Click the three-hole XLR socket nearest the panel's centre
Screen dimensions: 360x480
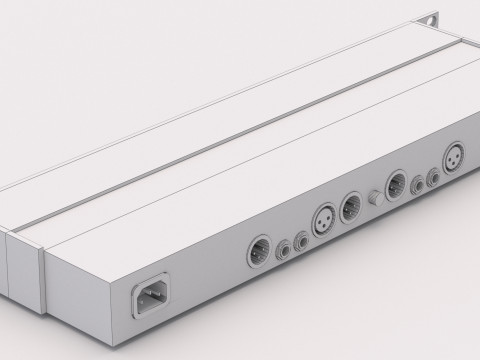tap(327, 216)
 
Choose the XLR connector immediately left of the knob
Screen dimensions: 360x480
tap(350, 206)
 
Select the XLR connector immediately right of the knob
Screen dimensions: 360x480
tap(396, 185)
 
